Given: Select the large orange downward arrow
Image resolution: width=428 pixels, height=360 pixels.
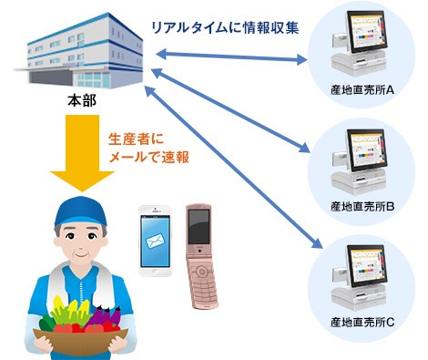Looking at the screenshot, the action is pos(78,155).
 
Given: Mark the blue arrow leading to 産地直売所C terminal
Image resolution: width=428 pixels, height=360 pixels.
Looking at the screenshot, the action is pos(237,164).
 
